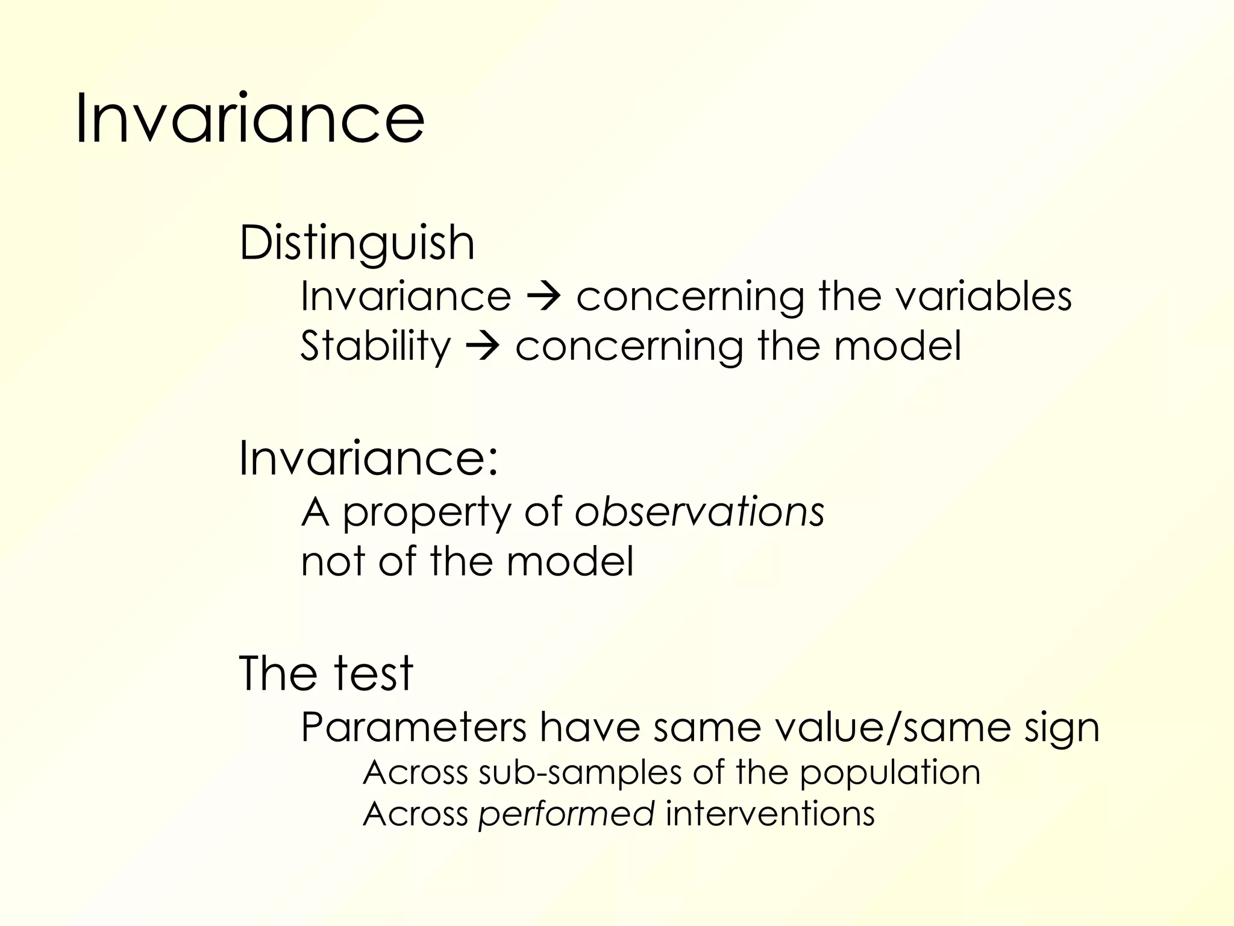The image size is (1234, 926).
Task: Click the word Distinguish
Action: pyautogui.click(x=357, y=243)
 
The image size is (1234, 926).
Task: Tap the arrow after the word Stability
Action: pyautogui.click(x=483, y=347)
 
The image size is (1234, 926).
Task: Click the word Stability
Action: pyautogui.click(x=375, y=347)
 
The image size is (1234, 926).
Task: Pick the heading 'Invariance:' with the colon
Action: pyautogui.click(x=369, y=458)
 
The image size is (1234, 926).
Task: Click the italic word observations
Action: pyautogui.click(x=699, y=512)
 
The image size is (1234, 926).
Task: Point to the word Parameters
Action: pyautogui.click(x=413, y=727)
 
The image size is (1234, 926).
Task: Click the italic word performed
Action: pyautogui.click(x=566, y=814)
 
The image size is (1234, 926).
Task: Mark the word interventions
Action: pyautogui.click(x=769, y=813)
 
